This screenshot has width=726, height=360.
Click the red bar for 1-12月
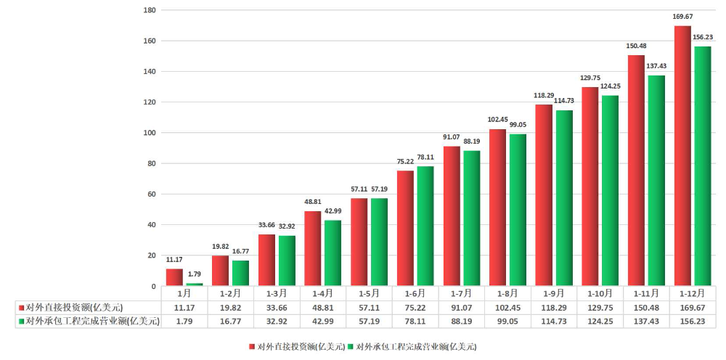click(682, 156)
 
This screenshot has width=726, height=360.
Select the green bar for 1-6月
click(425, 226)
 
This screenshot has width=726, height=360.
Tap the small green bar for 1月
click(194, 284)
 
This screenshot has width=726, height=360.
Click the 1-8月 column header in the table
click(507, 294)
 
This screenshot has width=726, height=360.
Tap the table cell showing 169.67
click(692, 307)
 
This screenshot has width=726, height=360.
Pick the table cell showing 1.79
click(184, 321)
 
